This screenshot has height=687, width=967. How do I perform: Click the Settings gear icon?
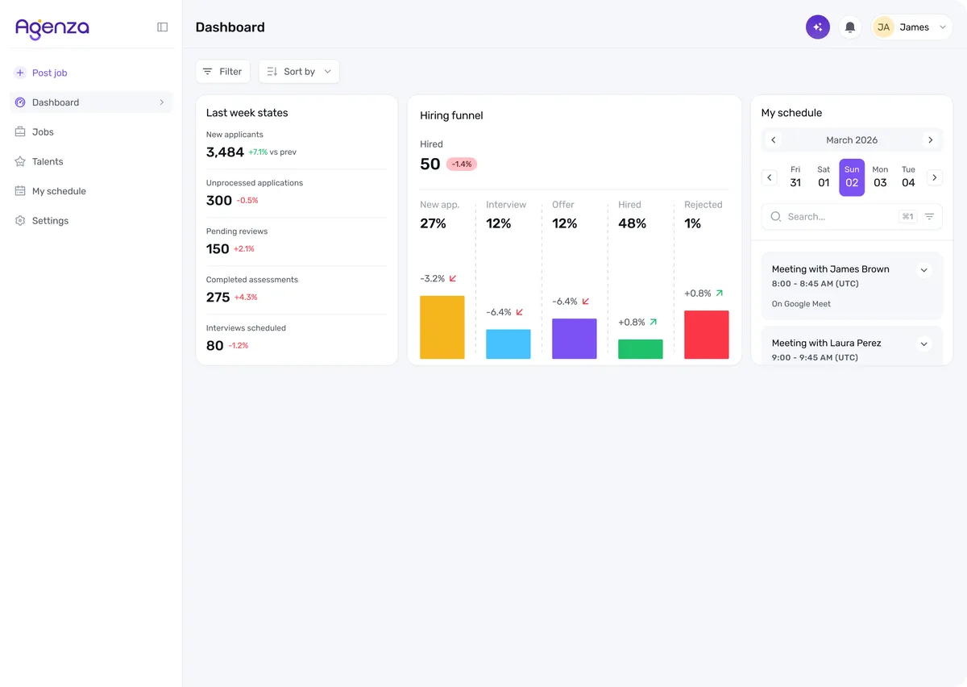pos(20,221)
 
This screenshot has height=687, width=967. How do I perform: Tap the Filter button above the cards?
pos(222,71)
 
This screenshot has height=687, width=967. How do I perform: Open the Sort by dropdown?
pos(299,71)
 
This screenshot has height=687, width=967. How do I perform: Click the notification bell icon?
pos(850,27)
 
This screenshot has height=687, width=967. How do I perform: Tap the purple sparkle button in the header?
pos(818,27)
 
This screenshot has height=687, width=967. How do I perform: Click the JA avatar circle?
pos(883,27)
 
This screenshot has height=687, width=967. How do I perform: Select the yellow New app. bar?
pos(442,327)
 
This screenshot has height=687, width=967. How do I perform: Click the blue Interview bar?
pos(508,344)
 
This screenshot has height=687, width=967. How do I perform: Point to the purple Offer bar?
pos(574,339)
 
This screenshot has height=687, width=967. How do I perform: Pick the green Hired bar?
pos(640,349)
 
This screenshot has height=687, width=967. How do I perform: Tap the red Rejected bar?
pos(706,335)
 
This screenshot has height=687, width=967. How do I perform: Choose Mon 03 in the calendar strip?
pos(880,177)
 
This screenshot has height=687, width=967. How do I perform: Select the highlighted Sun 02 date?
pos(852,177)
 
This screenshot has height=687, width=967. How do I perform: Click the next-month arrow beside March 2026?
pos(931,140)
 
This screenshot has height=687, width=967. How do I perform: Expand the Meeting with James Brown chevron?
pos(923,270)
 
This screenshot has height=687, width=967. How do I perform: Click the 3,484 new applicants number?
pos(225,152)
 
